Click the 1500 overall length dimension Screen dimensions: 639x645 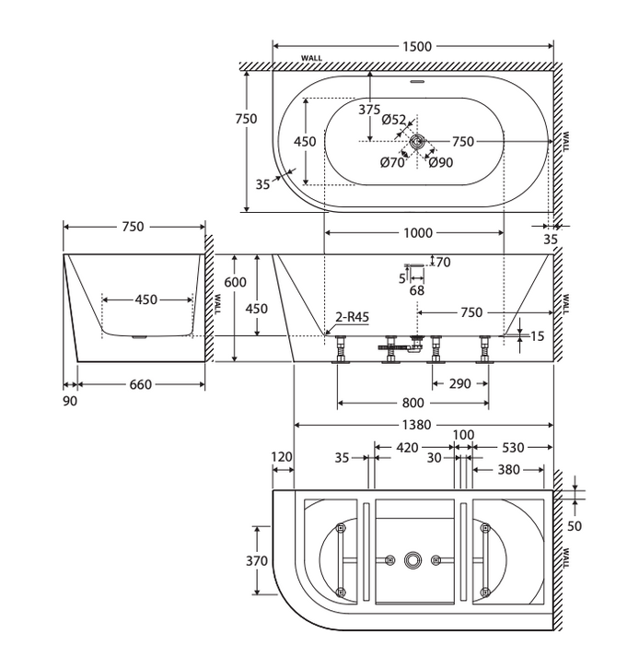[x=417, y=46]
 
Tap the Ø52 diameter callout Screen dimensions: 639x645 [x=394, y=120]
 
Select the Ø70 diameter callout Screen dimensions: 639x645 [x=392, y=162]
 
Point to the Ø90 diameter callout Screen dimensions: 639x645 [x=441, y=162]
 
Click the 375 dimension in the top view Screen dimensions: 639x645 [x=369, y=110]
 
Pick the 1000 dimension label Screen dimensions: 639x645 [x=418, y=233]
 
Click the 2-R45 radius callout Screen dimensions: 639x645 [x=352, y=317]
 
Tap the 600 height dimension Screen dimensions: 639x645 [x=235, y=282]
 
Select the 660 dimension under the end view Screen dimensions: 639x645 [x=141, y=384]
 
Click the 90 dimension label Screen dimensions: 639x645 [x=70, y=401]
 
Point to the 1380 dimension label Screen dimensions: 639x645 [x=417, y=425]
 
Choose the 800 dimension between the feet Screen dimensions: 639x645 [x=413, y=403]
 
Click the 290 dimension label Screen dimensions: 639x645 [x=459, y=384]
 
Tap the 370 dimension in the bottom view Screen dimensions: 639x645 [x=257, y=560]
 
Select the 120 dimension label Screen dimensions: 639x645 [x=282, y=457]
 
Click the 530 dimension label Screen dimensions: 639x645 [x=513, y=447]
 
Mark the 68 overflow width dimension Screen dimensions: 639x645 [x=417, y=290]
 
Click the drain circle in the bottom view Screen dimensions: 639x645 [x=413, y=560]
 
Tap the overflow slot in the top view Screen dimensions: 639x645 [x=417, y=81]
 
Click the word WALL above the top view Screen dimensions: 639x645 [x=311, y=58]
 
